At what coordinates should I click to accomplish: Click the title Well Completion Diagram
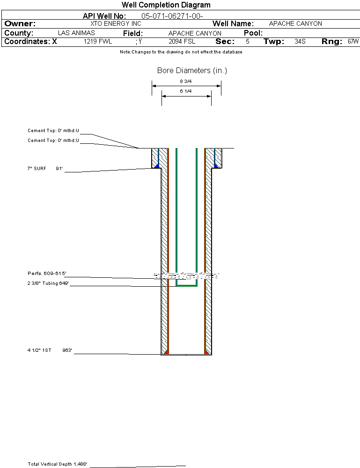[166, 5]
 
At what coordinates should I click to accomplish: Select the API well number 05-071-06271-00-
[172, 16]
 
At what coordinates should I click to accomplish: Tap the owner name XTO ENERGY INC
[115, 23]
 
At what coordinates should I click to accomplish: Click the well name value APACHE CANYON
[295, 23]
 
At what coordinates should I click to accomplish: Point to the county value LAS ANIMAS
[76, 33]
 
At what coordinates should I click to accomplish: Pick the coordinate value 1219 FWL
[98, 42]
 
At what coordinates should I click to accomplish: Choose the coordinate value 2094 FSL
[182, 42]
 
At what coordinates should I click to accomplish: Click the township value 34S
[300, 42]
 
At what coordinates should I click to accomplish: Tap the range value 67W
[353, 42]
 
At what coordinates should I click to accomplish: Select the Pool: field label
[253, 33]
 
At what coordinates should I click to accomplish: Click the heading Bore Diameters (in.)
[192, 71]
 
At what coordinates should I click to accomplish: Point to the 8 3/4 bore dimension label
[186, 82]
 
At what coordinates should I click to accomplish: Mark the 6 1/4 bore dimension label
[186, 91]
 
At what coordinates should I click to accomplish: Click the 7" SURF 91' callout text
[45, 168]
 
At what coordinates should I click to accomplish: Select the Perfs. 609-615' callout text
[47, 273]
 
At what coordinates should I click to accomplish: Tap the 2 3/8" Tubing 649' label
[48, 283]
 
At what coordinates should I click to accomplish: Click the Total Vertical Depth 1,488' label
[57, 464]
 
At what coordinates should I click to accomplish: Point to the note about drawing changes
[181, 52]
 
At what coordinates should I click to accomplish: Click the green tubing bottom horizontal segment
[186, 285]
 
